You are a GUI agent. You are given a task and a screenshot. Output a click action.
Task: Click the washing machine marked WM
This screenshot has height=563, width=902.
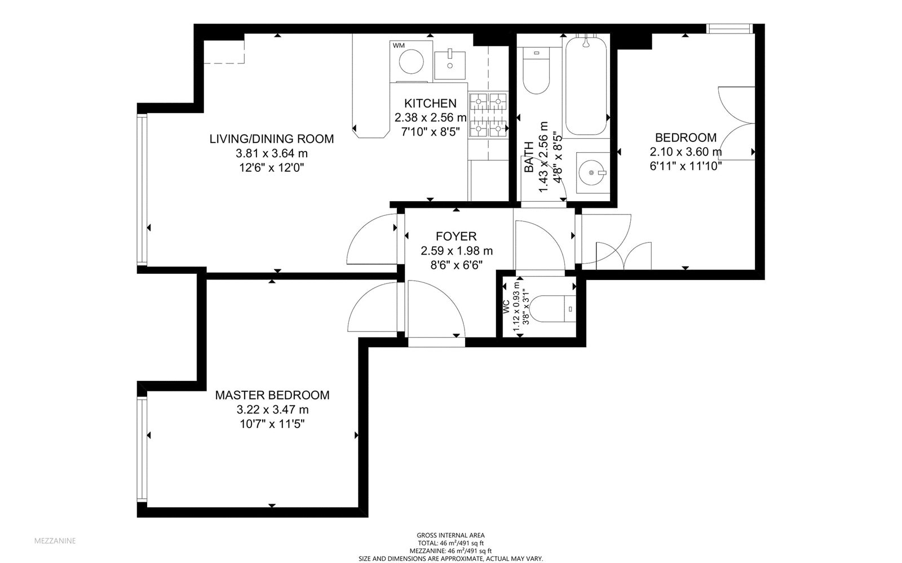pyautogui.click(x=411, y=61)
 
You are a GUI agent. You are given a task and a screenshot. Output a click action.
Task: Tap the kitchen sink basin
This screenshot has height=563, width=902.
pyautogui.click(x=450, y=65)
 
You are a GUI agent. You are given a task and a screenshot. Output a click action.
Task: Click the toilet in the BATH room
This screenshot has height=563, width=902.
pyautogui.click(x=536, y=70)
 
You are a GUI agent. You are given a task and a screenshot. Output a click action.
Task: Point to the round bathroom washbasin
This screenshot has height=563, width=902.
pyautogui.click(x=593, y=172)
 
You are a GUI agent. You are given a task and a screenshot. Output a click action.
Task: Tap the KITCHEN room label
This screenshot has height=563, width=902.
pyautogui.click(x=431, y=104)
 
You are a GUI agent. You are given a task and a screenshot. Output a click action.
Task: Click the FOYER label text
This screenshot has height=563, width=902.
pyautogui.click(x=456, y=236)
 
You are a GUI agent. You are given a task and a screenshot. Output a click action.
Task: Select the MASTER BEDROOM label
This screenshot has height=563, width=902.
pyautogui.click(x=272, y=395)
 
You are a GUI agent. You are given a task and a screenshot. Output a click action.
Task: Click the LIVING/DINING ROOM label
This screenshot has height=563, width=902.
pyautogui.click(x=272, y=139)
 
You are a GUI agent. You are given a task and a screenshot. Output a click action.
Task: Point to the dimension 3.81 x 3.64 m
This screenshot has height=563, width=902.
pyautogui.click(x=272, y=153)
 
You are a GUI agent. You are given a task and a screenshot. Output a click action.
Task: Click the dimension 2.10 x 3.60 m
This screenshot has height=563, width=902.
pyautogui.click(x=686, y=152)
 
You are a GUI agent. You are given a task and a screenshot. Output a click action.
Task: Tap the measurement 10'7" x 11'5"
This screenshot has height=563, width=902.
pyautogui.click(x=272, y=424)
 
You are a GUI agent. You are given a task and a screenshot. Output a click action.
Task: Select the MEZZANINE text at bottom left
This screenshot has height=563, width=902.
pyautogui.click(x=55, y=541)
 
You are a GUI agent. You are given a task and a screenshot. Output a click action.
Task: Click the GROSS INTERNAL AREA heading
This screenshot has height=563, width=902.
pyautogui.click(x=450, y=535)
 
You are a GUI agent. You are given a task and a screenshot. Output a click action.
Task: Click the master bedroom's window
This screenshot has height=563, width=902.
pyautogui.click(x=142, y=450)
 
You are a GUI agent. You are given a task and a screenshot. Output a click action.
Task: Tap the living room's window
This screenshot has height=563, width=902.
pyautogui.click(x=142, y=189)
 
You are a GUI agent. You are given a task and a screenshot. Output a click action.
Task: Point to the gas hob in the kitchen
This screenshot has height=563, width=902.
pyautogui.click(x=488, y=115)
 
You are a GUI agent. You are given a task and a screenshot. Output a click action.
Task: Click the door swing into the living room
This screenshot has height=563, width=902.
pyautogui.click(x=372, y=239)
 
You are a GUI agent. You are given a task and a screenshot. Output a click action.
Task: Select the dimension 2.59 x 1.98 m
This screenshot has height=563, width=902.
pyautogui.click(x=457, y=251)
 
